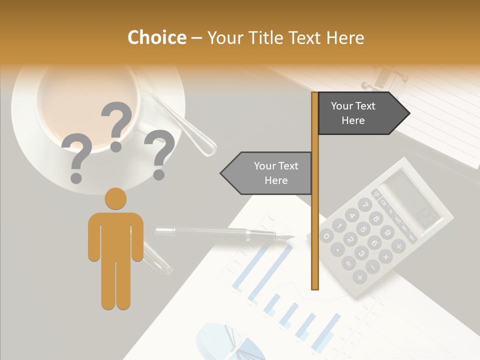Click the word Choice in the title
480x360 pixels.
coord(156,38)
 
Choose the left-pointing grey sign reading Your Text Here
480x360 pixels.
coord(270,173)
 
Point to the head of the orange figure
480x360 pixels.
coord(115,198)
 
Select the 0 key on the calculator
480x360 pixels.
coord(326,235)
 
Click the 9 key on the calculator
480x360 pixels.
coord(387,232)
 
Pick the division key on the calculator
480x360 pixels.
coord(398,245)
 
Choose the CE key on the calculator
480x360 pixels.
coord(384,202)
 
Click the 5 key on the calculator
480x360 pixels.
coord(363,229)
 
